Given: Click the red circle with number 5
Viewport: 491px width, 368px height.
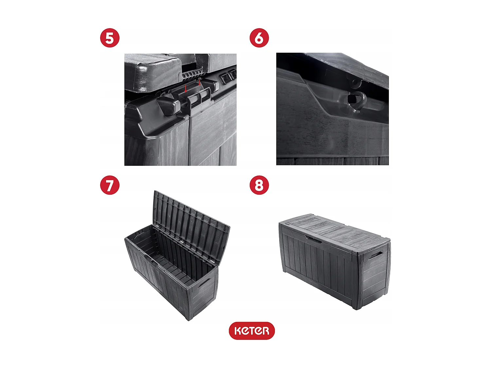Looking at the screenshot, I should coord(110,38).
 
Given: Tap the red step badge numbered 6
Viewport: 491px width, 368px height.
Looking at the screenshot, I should coord(259,38).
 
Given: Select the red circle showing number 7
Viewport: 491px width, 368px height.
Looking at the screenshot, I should coord(110,185).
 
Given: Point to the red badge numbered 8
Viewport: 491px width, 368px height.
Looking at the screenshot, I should coord(259,185).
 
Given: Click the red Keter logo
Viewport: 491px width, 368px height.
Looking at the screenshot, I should coord(251,331).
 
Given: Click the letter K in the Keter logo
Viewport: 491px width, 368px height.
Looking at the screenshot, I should coord(238,331).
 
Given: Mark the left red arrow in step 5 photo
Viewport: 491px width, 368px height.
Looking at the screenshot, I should coord(186,89).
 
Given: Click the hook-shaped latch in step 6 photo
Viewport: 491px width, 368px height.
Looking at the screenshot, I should coord(356,101).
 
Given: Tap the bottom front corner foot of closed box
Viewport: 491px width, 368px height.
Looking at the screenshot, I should coord(356,307).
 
